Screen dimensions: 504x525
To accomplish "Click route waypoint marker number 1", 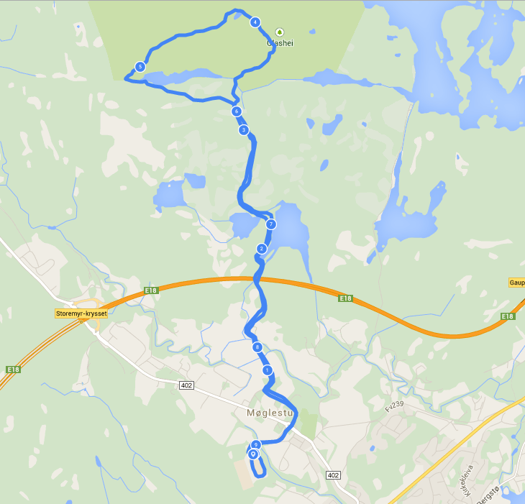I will pyautogui.click(x=268, y=370).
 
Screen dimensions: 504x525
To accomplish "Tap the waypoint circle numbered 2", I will pyautogui.click(x=262, y=249).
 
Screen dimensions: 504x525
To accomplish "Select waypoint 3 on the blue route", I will pyautogui.click(x=244, y=130).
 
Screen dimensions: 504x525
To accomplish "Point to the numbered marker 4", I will pyautogui.click(x=255, y=22).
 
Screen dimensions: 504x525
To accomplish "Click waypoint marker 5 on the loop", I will pyautogui.click(x=140, y=67).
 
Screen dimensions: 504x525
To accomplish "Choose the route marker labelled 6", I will pyautogui.click(x=236, y=111).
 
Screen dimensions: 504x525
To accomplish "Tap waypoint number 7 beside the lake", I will pyautogui.click(x=271, y=224).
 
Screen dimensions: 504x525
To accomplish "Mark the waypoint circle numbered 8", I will pyautogui.click(x=257, y=347).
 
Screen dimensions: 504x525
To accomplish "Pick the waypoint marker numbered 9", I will pyautogui.click(x=255, y=445).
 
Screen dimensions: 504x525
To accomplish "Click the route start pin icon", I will pyautogui.click(x=253, y=454).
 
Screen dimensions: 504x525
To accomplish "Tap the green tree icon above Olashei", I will pyautogui.click(x=280, y=32).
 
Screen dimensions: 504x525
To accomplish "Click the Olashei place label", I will pyautogui.click(x=280, y=43).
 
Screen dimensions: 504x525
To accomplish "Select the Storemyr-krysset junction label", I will pyautogui.click(x=81, y=313).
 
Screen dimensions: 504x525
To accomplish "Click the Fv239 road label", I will pyautogui.click(x=395, y=406).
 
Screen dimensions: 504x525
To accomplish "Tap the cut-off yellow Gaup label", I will pyautogui.click(x=516, y=283).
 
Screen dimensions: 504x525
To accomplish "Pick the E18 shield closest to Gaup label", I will pyautogui.click(x=508, y=316).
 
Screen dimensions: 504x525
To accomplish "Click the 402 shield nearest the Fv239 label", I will pyautogui.click(x=332, y=475).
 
